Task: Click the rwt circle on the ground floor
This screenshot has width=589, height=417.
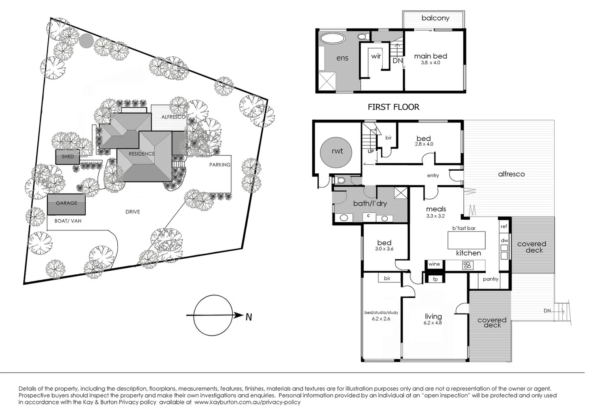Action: pos(337,151)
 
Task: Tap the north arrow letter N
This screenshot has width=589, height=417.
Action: pos(249,317)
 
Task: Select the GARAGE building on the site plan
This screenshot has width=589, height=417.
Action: pos(66,204)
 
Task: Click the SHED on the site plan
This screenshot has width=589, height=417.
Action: pos(68,157)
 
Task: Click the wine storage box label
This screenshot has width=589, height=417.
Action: pos(434,264)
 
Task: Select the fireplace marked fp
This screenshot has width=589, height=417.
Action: pos(435,279)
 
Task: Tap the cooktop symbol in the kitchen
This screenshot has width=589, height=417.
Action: pos(467,265)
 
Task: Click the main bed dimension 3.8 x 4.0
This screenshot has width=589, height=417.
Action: pos(430,63)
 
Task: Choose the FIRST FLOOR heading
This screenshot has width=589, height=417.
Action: pos(393,107)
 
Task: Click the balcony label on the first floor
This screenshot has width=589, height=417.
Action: pos(435,18)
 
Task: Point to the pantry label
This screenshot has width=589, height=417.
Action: pos(490,279)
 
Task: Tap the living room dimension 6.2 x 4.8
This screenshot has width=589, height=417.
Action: pos(433,323)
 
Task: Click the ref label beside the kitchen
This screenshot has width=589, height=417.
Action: pos(504,227)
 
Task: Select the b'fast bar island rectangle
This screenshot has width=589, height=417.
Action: pos(466,240)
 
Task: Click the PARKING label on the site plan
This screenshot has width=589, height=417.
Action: pos(220,165)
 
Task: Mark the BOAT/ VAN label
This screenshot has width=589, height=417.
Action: pos(68,221)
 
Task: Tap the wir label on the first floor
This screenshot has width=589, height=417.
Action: pos(376,56)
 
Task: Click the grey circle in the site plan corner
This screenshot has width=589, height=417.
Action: pos(86,41)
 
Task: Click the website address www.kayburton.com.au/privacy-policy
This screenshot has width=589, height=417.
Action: pos(247,402)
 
